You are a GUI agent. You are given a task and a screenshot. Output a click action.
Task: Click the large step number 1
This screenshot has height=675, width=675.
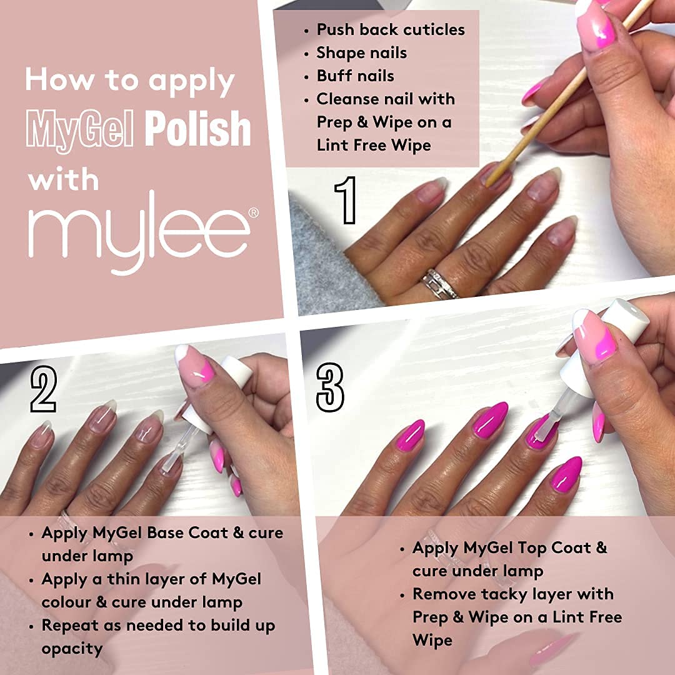[x=346, y=200]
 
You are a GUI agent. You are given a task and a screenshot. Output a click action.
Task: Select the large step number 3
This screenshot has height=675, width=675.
[x=330, y=387]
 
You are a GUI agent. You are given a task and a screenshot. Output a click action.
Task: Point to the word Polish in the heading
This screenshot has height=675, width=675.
[x=198, y=129]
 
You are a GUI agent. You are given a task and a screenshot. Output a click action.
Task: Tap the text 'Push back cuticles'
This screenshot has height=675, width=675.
[x=391, y=29]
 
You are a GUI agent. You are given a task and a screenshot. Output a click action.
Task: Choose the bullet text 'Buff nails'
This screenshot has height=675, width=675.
[x=355, y=76]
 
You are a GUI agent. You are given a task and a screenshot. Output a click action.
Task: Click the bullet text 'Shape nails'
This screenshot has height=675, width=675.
[x=361, y=52]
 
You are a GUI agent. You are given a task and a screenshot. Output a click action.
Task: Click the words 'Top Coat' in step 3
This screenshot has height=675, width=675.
[x=554, y=548]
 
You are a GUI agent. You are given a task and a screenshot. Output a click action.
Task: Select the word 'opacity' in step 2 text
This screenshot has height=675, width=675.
[x=72, y=649]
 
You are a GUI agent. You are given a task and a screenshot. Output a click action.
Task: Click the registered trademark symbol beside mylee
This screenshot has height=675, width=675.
[x=253, y=213]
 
